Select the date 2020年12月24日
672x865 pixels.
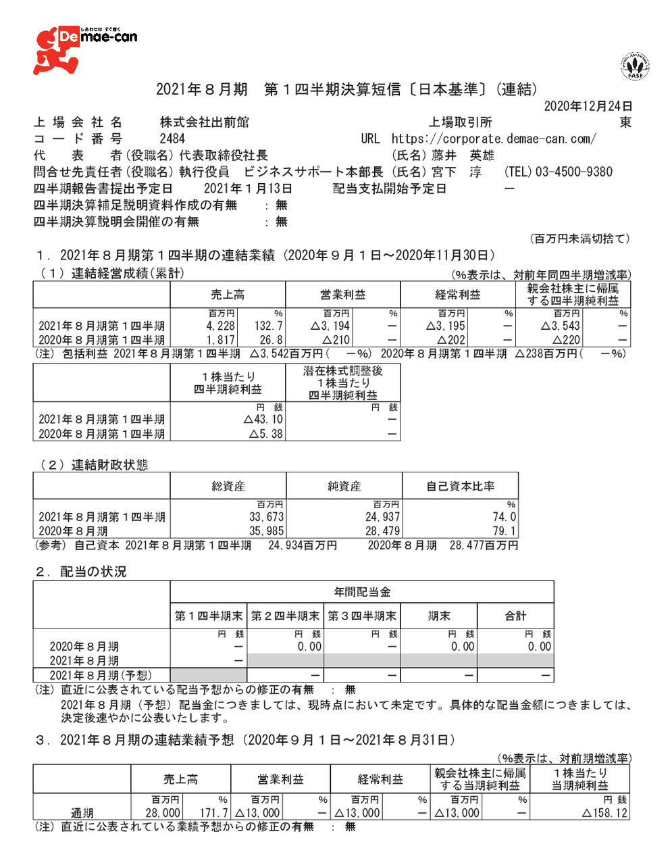(588, 106)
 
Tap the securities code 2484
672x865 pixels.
(172, 139)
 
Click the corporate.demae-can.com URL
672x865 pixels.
(494, 139)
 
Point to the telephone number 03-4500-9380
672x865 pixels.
(573, 172)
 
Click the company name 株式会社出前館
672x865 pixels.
(204, 122)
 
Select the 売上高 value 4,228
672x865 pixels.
(221, 326)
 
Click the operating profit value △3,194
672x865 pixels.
(330, 326)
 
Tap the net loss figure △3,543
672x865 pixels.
(561, 326)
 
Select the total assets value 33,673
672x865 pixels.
(267, 517)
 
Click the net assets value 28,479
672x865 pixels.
(382, 531)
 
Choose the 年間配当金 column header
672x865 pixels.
(362, 592)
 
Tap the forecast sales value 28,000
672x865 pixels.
(163, 813)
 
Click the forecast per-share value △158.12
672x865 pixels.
(604, 813)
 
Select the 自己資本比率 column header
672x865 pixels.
(460, 486)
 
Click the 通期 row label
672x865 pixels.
(82, 813)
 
